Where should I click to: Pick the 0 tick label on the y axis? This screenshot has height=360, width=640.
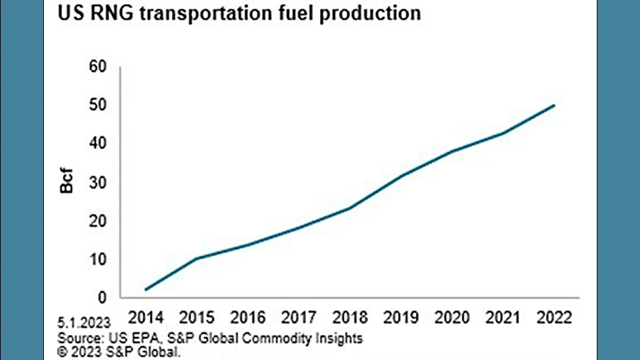102,298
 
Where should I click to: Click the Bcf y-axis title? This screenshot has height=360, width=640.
68,182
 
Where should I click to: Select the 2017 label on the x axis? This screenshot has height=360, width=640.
299,317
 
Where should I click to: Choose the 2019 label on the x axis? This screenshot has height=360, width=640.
401,317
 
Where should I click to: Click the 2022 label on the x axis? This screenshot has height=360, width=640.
554,317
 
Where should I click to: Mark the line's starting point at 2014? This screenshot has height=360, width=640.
146,290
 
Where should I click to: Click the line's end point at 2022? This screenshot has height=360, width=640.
554,105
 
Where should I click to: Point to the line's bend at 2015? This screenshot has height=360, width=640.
196,258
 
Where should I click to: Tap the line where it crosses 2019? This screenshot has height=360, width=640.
401,176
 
